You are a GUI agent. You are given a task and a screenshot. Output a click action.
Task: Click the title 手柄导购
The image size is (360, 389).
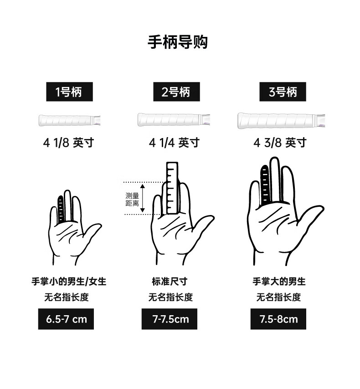tap(178, 42)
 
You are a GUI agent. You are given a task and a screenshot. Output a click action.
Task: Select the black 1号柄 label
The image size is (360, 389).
tap(70, 92)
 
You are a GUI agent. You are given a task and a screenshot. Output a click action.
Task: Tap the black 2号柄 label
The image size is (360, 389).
tap(176, 92)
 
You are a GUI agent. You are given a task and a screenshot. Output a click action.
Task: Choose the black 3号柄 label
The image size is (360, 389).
tap(283, 92)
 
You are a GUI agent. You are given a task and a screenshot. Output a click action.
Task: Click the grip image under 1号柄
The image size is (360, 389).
tap(70, 120)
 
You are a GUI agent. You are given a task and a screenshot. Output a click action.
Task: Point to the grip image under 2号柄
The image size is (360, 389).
tap(174, 120)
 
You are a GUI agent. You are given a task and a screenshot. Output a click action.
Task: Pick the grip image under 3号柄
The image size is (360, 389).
tap(281, 120)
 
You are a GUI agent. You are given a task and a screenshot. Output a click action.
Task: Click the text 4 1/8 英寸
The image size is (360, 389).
tap(68, 143)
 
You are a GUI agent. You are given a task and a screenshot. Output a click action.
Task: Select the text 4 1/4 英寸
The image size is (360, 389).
tap(174, 143)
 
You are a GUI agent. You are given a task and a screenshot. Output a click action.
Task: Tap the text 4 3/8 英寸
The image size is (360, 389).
tap(280, 143)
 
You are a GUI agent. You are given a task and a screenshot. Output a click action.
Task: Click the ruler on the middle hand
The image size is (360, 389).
tap(172, 188)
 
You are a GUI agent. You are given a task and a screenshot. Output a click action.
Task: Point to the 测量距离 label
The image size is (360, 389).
tap(132, 200)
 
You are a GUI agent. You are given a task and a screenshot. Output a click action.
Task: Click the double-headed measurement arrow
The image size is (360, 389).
tap(143, 198)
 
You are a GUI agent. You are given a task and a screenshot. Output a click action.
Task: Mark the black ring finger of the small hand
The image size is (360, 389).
tap(61, 210)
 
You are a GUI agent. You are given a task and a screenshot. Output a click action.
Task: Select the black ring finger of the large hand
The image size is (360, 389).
tap(265, 185)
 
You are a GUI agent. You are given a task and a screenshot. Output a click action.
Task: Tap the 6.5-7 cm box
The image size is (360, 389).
tap(66, 319)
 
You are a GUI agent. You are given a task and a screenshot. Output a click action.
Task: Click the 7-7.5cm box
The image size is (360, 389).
tap(170, 319)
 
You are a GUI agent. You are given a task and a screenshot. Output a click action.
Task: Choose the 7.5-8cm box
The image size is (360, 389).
tap(278, 319)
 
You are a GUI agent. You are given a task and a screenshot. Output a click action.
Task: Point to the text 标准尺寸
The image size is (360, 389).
tap(170, 282)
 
